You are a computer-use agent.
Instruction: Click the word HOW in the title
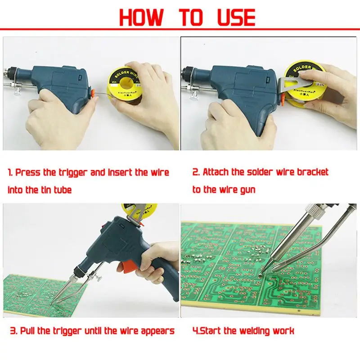coord(141,17)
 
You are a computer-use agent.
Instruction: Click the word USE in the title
coord(237,17)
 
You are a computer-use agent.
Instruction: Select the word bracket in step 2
coord(313,172)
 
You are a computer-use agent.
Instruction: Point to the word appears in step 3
coord(158,331)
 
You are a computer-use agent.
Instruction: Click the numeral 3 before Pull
coord(13,331)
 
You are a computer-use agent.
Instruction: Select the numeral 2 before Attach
coord(196,172)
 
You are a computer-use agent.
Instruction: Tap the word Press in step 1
coord(28,173)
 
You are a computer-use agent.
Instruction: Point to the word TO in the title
coord(191,17)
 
